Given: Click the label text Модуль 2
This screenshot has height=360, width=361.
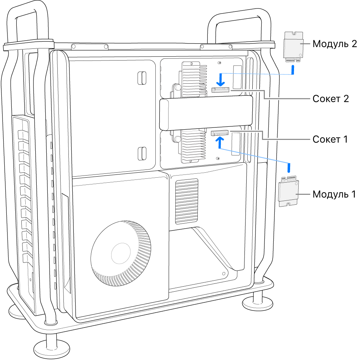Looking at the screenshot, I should point(334,44).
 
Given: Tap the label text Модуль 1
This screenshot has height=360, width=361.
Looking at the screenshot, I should point(334,194).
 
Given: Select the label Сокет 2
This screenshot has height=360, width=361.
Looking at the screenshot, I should point(330,99).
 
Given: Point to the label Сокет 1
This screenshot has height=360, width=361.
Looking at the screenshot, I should point(330,139).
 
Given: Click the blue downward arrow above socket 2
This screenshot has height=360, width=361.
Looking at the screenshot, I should point(221,80).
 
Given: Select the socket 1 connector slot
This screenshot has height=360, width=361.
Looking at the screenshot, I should point(220,134).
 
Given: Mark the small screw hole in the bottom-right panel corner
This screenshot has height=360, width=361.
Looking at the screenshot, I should point(223,274).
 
